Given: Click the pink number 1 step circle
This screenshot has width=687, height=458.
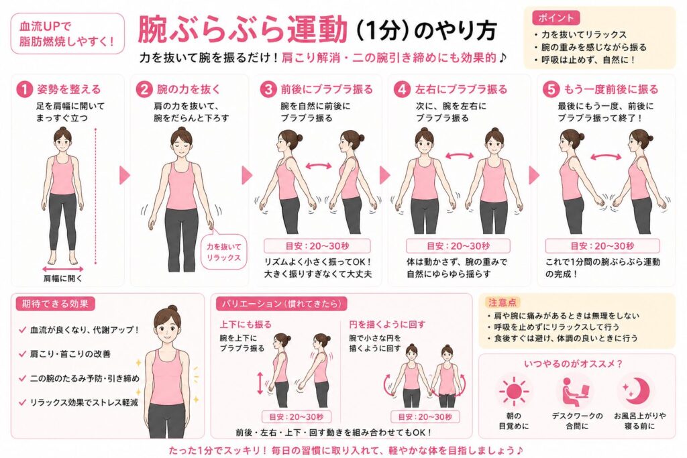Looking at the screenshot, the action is coord(24,89).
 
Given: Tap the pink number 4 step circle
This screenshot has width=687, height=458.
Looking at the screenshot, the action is coord(402,89).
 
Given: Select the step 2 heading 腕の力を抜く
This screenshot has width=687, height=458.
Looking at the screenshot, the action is coord(189,89).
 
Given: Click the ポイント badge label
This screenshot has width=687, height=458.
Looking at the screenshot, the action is coord(556,17).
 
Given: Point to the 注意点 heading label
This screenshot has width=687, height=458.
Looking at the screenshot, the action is coord(503,302).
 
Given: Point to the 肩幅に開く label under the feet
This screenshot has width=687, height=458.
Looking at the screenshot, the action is coord(62,278).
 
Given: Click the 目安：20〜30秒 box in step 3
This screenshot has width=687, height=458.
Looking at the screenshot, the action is coord(317,246).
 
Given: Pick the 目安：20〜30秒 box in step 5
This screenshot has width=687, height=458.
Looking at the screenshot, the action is coord(602,246).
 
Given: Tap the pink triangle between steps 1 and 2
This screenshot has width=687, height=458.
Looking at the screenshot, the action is coord(125,175).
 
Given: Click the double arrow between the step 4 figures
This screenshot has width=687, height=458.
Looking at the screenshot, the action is coord(459,156).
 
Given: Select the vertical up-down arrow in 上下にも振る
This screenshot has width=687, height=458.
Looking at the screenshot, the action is coord(260,383).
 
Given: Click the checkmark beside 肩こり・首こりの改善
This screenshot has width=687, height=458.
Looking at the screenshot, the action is coord(22,354).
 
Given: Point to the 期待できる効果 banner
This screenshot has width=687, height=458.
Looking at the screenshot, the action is coord(55,304).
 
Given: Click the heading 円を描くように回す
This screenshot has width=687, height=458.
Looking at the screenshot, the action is coord(387,325).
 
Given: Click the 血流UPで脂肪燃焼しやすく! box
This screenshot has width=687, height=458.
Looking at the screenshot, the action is coord(68,34).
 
